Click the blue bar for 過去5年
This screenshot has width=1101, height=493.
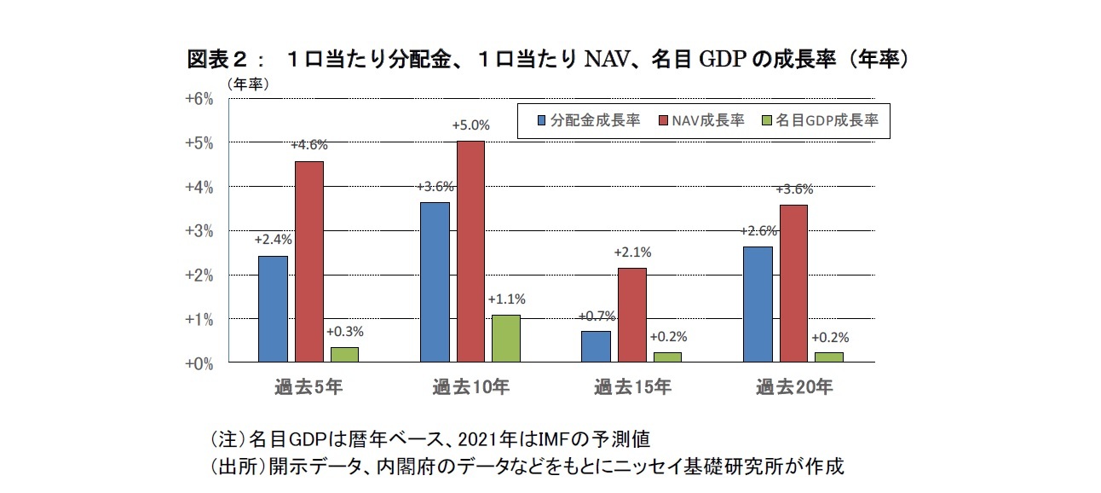point(273,309)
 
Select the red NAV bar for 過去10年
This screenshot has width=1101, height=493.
point(470,252)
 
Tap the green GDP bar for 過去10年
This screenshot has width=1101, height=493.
point(505,339)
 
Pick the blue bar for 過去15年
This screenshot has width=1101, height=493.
point(597,346)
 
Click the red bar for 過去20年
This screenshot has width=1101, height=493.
point(793,283)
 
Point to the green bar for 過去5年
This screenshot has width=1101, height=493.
point(343,354)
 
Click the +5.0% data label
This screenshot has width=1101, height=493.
point(470,126)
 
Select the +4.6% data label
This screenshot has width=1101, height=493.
point(308,146)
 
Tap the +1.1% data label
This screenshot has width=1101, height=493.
point(506,299)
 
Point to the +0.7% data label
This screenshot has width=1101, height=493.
point(597,316)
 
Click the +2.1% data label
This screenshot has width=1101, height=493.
point(632,252)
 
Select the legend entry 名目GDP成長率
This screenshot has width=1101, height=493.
point(821,121)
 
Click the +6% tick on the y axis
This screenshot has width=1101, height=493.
point(199,98)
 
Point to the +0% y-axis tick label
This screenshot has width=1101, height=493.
point(199,363)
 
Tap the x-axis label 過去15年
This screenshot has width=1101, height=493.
point(632,387)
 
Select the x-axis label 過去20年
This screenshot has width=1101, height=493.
point(793,387)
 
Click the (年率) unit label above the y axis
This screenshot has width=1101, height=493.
point(248,84)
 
